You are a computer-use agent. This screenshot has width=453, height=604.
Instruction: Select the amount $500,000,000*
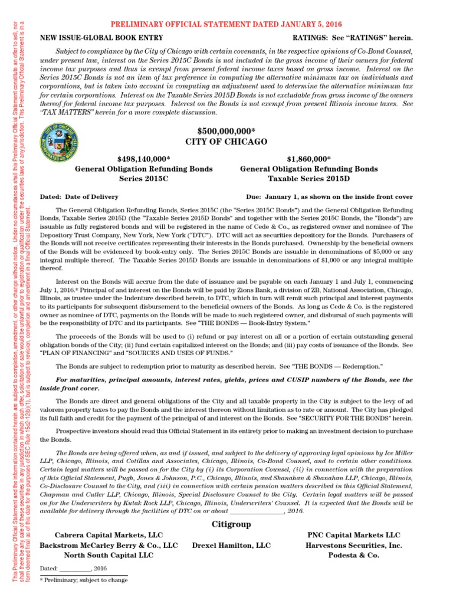click(x=226, y=130)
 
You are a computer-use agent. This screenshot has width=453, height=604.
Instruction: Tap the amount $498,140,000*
click(x=144, y=159)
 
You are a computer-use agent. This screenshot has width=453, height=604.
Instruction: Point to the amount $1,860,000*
click(x=309, y=159)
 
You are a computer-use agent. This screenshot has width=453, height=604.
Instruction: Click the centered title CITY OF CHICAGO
click(x=226, y=142)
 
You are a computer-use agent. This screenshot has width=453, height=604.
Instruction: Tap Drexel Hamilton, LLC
click(x=232, y=546)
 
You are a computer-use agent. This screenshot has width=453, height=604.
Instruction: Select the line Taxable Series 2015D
click(x=309, y=179)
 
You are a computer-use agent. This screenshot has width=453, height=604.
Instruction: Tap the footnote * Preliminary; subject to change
click(x=83, y=580)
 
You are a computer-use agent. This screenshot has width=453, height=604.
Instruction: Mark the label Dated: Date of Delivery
click(x=78, y=196)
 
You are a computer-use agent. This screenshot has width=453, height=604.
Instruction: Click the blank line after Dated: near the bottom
click(x=75, y=567)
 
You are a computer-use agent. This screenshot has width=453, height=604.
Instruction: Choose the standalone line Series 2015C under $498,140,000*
click(x=144, y=179)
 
